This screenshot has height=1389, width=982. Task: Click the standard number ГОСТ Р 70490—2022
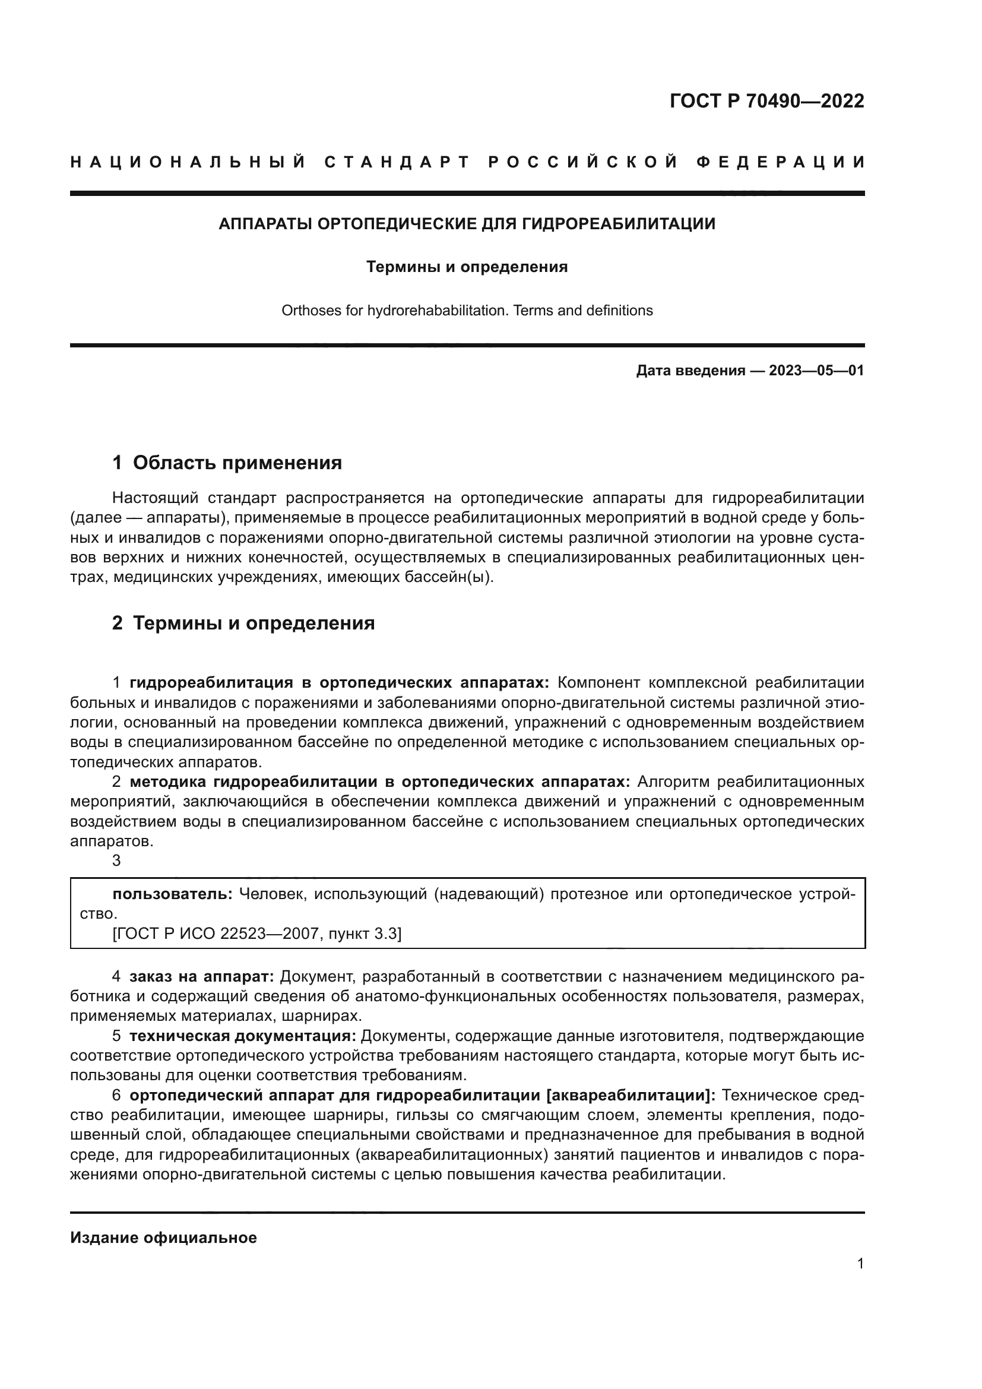[766, 101]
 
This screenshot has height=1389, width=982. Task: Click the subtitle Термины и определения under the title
[467, 267]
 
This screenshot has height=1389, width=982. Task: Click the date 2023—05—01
[816, 370]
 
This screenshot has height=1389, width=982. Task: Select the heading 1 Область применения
[227, 463]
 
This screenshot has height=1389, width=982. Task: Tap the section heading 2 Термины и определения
[243, 622]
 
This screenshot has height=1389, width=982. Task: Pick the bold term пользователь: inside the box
[172, 894]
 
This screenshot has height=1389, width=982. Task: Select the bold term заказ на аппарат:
[202, 976]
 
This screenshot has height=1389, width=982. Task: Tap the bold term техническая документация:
[242, 1036]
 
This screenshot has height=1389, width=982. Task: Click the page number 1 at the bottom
[860, 1263]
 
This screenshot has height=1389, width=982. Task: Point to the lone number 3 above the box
[117, 860]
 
